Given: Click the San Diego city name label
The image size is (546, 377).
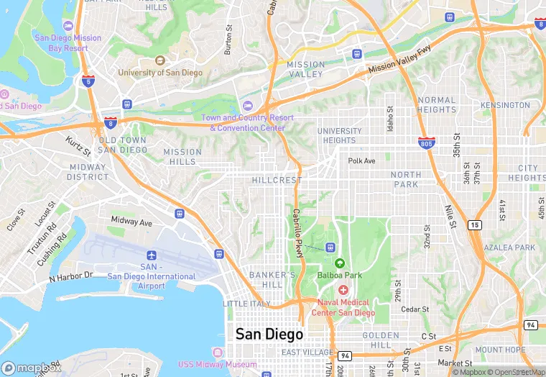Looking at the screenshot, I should (269, 335).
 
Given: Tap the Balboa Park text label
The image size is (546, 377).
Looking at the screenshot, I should (339, 274).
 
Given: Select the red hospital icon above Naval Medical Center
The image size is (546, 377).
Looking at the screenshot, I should (343, 289).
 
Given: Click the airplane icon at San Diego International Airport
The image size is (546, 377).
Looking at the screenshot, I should (151, 255).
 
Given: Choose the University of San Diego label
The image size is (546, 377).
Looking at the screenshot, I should (160, 73).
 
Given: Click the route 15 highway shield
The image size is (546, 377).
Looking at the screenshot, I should (474, 225).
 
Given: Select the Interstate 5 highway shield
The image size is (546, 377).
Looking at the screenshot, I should (88, 81).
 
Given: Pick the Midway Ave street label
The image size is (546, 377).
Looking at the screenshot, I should (131, 222).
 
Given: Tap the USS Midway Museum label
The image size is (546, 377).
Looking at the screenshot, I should (216, 364).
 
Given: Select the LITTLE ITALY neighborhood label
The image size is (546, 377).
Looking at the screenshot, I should (246, 304).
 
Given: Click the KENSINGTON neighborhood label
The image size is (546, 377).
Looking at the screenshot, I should (505, 105).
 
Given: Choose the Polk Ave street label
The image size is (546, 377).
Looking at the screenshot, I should (361, 161).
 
